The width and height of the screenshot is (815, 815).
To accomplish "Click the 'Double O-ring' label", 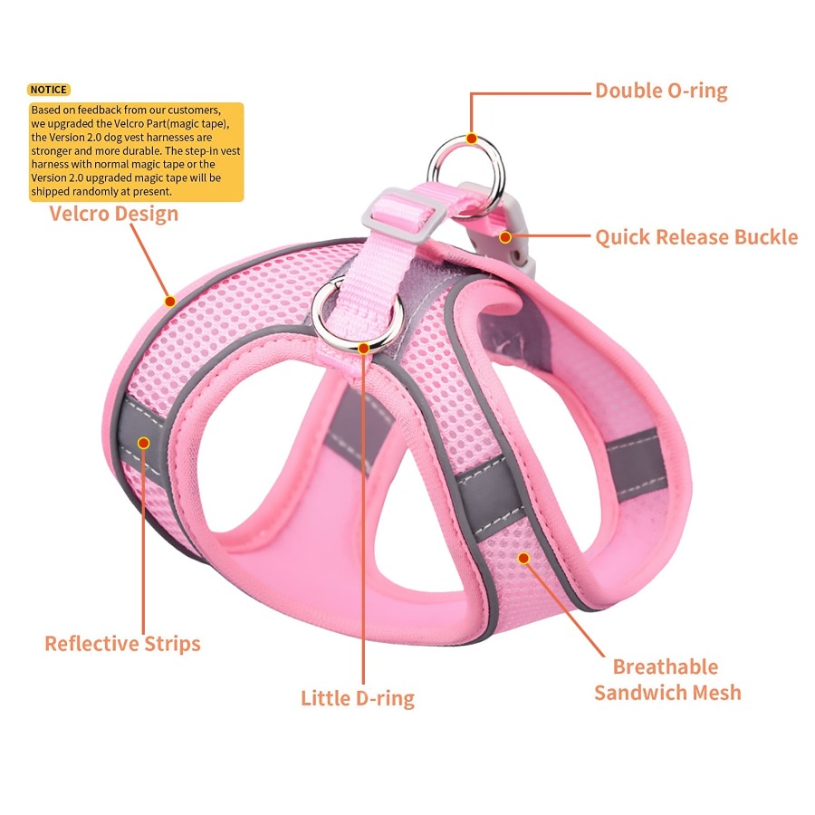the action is click(x=661, y=91).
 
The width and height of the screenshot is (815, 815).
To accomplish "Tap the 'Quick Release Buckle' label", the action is click(x=696, y=237).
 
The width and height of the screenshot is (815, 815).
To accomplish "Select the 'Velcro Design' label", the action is click(x=114, y=214).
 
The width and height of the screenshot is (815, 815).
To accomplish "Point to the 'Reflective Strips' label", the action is click(x=122, y=644).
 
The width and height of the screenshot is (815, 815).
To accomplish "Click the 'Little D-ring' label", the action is click(x=358, y=698).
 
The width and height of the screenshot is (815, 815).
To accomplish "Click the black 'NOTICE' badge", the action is click(x=48, y=90).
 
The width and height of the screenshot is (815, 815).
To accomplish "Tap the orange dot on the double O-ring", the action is click(x=472, y=139).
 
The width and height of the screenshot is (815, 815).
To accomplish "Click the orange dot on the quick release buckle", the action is click(x=505, y=237).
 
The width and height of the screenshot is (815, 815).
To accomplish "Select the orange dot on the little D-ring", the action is click(x=364, y=349).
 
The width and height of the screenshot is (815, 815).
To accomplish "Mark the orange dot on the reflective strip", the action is click(x=143, y=443).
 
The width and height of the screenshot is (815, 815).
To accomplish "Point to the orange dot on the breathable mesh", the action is click(x=524, y=558).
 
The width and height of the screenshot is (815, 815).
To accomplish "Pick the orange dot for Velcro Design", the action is click(x=170, y=301).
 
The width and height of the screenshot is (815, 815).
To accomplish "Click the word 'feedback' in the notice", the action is click(x=100, y=110).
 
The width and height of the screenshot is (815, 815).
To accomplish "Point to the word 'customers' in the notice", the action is click(x=194, y=110).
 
